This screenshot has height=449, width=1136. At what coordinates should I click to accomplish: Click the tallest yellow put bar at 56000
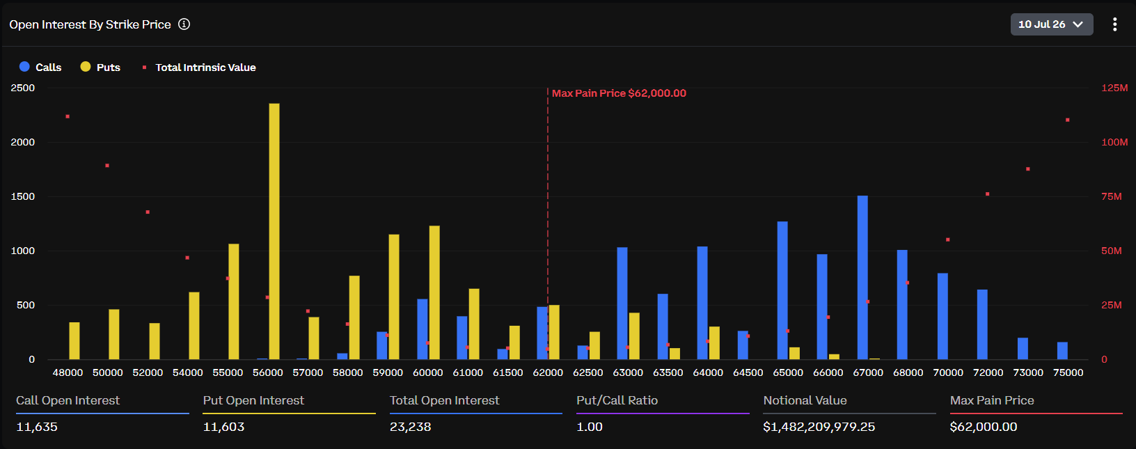[x=274, y=231]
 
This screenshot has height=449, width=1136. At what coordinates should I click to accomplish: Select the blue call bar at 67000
[x=862, y=278]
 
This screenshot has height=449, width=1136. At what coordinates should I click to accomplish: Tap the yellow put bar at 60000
[x=434, y=293]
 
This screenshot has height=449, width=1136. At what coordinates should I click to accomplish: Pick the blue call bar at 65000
[x=782, y=291]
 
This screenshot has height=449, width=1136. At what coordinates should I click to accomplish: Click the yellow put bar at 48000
[x=74, y=341]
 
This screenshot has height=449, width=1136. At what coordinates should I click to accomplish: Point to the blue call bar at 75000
[x=1062, y=351]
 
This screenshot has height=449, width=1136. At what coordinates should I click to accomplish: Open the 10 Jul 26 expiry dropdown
[x=1051, y=24]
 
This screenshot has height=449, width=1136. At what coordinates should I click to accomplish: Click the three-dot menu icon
[x=1114, y=24]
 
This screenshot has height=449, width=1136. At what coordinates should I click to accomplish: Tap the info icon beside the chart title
[x=184, y=24]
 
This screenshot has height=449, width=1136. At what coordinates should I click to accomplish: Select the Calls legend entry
[x=40, y=67]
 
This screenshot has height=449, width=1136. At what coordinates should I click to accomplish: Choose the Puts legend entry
[x=100, y=67]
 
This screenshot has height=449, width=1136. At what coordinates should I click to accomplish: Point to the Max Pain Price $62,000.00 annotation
[x=619, y=93]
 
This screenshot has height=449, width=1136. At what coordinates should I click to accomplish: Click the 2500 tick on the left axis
[x=23, y=88]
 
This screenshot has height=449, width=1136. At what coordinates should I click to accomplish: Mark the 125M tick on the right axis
[x=1114, y=88]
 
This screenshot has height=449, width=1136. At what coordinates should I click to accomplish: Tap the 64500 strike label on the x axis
[x=748, y=372]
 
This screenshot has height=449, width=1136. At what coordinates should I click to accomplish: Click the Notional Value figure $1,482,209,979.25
[x=819, y=427]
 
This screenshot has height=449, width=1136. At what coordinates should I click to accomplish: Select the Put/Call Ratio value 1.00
[x=590, y=427]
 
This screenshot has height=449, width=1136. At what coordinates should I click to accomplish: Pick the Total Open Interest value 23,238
[x=410, y=427]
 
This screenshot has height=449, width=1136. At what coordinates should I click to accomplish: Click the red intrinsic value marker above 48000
[x=68, y=117]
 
